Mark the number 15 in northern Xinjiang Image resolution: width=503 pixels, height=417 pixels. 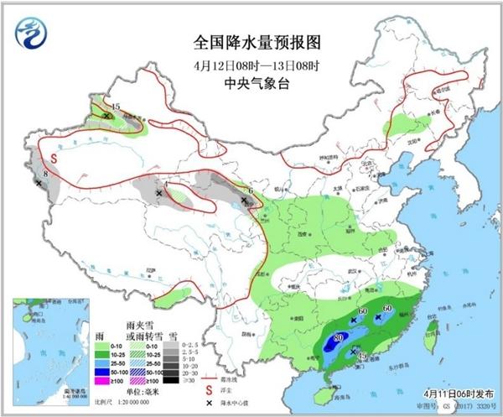(x=116, y=107)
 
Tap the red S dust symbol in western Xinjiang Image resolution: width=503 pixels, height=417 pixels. (x=52, y=158)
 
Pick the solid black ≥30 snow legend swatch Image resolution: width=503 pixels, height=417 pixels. (x=171, y=381)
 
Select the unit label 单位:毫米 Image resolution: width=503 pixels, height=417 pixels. (x=143, y=393)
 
